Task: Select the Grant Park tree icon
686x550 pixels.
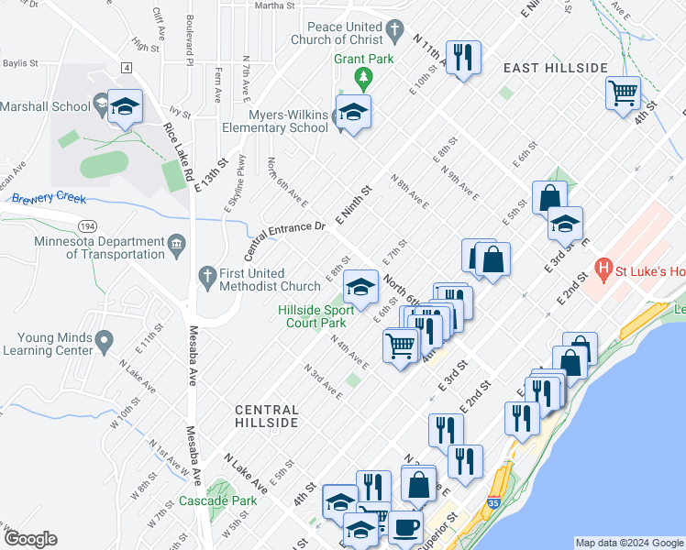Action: click(365, 75)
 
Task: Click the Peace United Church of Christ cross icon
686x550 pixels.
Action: click(395, 32)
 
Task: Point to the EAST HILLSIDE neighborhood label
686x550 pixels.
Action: click(555, 69)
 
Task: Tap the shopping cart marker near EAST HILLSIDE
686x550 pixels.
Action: click(623, 91)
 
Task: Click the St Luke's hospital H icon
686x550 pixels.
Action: click(603, 270)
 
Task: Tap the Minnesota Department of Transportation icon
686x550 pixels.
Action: click(177, 243)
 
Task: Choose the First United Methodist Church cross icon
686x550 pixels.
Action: click(206, 274)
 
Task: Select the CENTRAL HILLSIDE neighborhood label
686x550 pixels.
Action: click(266, 416)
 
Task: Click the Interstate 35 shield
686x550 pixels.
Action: click(494, 502)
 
